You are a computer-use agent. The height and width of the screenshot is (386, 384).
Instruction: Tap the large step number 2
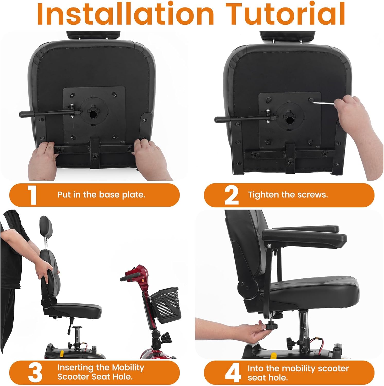pos(231,196)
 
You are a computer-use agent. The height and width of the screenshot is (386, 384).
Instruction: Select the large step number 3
pos(35,373)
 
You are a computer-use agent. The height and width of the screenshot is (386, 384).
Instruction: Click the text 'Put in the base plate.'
pos(101,195)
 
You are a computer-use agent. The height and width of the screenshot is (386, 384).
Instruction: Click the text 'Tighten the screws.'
pos(288,195)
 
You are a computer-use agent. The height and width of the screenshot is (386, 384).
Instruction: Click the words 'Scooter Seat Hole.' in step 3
pos(95,377)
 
